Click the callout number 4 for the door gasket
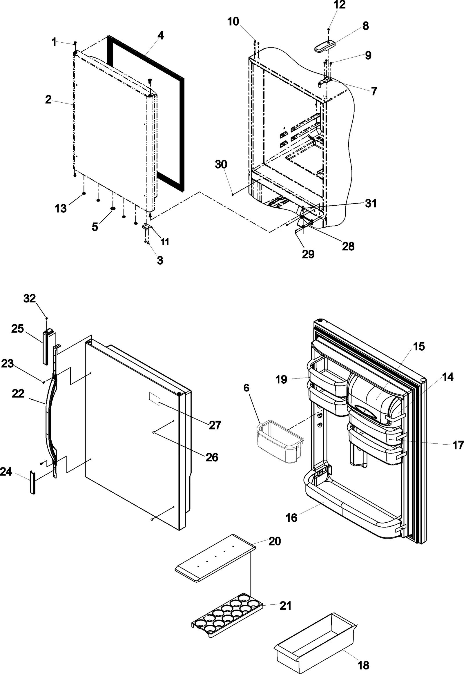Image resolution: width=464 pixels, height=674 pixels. (x=160, y=36)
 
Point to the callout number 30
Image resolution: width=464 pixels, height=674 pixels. (x=221, y=164)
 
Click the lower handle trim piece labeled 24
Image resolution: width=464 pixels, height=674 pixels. (x=32, y=483)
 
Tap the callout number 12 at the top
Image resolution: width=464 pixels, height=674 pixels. (x=339, y=5)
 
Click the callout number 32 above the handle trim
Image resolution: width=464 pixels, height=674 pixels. (x=29, y=298)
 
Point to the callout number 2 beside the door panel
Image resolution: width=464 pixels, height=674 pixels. (x=48, y=100)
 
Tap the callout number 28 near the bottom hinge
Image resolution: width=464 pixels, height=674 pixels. (x=348, y=246)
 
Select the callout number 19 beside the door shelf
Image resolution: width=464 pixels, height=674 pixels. (x=281, y=379)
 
